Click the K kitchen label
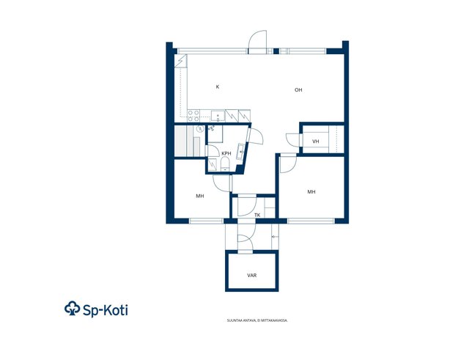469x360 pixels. tap(218, 87)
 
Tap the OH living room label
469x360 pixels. tap(298, 89)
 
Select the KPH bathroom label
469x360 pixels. tap(226, 153)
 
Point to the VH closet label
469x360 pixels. tap(316, 142)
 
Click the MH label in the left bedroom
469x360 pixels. tap(200, 196)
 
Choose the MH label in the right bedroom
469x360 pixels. tap(311, 192)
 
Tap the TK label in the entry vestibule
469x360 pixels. tap(257, 215)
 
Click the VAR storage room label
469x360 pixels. tap(252, 275)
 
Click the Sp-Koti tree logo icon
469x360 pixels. tap(73, 309)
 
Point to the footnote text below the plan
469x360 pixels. tap(257, 320)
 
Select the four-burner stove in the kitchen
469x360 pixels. tap(193, 116)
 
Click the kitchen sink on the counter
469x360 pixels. tap(218, 116)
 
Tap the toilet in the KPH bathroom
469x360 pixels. tap(225, 165)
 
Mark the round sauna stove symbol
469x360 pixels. tap(200, 129)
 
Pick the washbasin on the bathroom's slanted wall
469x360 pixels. tap(241, 151)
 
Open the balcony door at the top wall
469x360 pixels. tap(257, 42)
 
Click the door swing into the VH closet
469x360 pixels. tap(293, 140)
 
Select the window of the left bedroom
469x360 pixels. tap(206, 221)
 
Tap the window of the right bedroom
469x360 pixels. tap(311, 221)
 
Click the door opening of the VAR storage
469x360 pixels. tap(245, 252)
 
